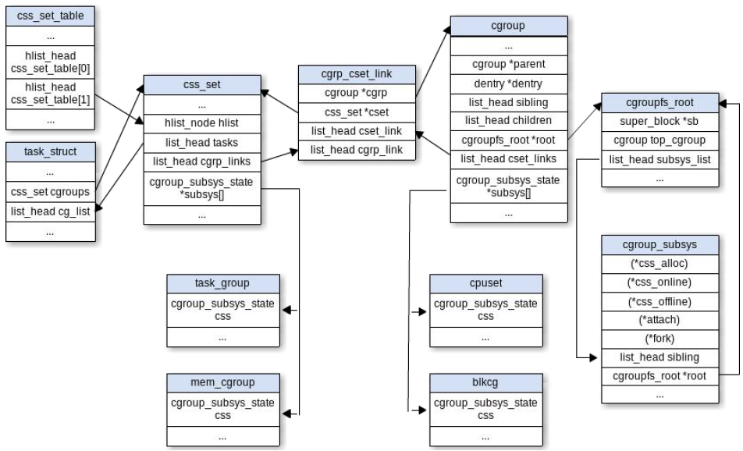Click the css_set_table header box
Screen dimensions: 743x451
pyautogui.click(x=50, y=16)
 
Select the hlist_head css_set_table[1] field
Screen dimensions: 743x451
pyautogui.click(x=50, y=94)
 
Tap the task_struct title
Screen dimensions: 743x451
pyautogui.click(x=50, y=152)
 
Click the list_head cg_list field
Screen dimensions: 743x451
pyautogui.click(x=50, y=211)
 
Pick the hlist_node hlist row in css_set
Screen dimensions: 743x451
pyautogui.click(x=202, y=123)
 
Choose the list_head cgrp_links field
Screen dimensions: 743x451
pyautogui.click(x=202, y=162)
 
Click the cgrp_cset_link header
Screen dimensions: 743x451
pyautogui.click(x=357, y=74)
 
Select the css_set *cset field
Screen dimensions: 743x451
pyautogui.click(x=357, y=112)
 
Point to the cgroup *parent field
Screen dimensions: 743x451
pyautogui.click(x=508, y=65)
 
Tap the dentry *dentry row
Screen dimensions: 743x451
pyautogui.click(x=508, y=83)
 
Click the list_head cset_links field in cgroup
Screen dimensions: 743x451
pyautogui.click(x=508, y=159)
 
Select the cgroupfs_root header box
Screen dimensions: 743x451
pyautogui.click(x=659, y=103)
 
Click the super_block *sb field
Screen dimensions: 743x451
pyautogui.click(x=659, y=122)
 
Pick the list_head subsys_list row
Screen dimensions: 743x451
pyautogui.click(x=659, y=160)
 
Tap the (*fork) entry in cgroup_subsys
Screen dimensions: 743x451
pyautogui.click(x=659, y=339)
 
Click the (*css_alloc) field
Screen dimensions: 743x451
pyautogui.click(x=659, y=264)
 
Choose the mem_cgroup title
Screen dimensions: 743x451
pyautogui.click(x=222, y=383)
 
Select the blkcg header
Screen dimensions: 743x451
pyautogui.click(x=485, y=383)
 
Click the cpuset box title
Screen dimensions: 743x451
pyautogui.click(x=485, y=283)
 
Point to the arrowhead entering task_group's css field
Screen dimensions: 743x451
pyautogui.click(x=286, y=311)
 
